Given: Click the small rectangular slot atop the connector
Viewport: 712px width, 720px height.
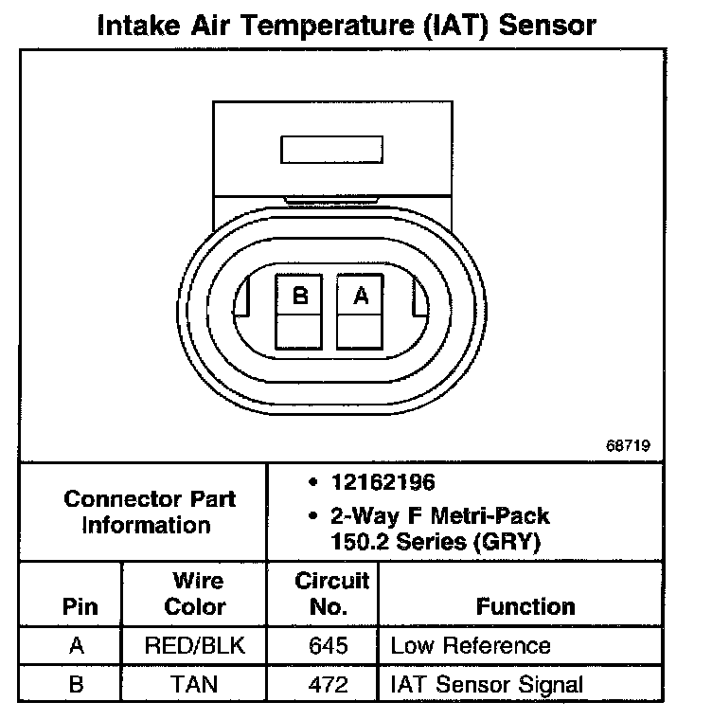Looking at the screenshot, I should (x=331, y=151).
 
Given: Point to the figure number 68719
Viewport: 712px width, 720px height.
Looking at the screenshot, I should (x=629, y=444).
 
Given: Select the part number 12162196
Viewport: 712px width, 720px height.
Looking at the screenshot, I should (x=383, y=482).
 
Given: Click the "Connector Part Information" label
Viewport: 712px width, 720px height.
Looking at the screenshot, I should (x=149, y=512).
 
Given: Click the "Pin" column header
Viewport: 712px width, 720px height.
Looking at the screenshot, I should (x=79, y=607).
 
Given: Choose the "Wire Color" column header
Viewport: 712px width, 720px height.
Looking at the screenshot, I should (x=195, y=593).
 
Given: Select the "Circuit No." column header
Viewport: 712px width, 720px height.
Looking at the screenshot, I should (x=329, y=593).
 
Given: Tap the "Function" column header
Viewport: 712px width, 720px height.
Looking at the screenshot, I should (x=525, y=606).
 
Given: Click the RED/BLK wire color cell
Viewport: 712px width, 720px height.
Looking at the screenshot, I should (x=196, y=646).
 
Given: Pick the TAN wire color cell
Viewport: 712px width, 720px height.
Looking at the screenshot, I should (x=196, y=683).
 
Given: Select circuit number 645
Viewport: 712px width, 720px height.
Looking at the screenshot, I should (x=329, y=646).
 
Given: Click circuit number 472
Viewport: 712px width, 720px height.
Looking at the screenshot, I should (x=329, y=683).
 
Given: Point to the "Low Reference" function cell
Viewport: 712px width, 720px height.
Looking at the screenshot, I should (x=470, y=646).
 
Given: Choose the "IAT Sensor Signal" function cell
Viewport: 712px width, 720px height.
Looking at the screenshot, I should (x=486, y=683).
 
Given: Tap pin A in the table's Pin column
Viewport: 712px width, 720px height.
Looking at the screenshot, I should (x=78, y=646).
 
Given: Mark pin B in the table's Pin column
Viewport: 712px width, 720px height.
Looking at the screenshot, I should (x=78, y=683).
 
